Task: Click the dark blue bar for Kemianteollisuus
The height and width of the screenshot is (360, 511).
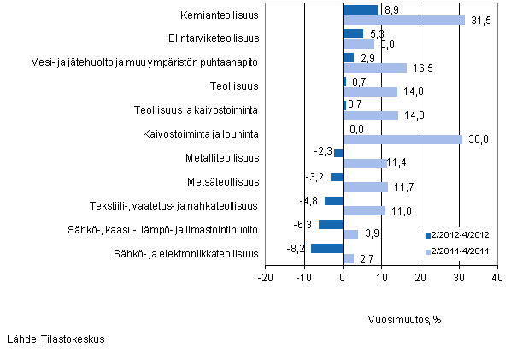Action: click(360, 10)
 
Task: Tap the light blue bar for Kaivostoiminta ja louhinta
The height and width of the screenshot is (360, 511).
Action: click(402, 139)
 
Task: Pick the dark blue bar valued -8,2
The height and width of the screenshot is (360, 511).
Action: click(326, 248)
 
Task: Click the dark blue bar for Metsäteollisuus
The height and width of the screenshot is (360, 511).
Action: click(337, 177)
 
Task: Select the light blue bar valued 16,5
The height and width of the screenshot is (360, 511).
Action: click(374, 68)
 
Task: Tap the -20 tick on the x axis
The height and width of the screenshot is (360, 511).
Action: click(266, 277)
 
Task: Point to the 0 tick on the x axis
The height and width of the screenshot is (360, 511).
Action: click(343, 277)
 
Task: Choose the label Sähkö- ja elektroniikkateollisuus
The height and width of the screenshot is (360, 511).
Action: click(185, 252)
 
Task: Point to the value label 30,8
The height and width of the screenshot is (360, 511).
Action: click(477, 139)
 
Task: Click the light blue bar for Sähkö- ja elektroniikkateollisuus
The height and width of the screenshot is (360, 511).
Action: click(348, 258)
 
